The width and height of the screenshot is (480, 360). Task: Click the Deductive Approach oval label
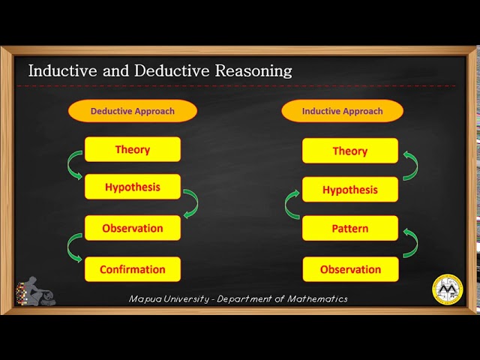tap(133, 111)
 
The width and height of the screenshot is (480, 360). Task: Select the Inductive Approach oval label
tap(342, 111)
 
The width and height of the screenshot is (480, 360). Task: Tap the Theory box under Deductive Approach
tap(133, 149)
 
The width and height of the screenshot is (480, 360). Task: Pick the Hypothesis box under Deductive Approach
tap(133, 187)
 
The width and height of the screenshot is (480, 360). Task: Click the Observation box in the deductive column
tap(133, 228)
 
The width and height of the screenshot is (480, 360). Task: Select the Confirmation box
tap(133, 269)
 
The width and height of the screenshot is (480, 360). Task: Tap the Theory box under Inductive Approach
tap(350, 151)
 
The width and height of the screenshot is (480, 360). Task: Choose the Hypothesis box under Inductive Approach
tap(350, 190)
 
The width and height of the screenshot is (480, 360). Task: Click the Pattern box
tap(350, 228)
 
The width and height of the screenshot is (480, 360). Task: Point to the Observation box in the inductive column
tap(350, 269)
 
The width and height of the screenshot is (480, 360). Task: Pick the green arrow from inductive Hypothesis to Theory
tap(410, 166)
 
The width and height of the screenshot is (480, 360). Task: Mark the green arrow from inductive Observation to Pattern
tap(410, 244)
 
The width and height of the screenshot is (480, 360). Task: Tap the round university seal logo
tap(448, 290)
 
